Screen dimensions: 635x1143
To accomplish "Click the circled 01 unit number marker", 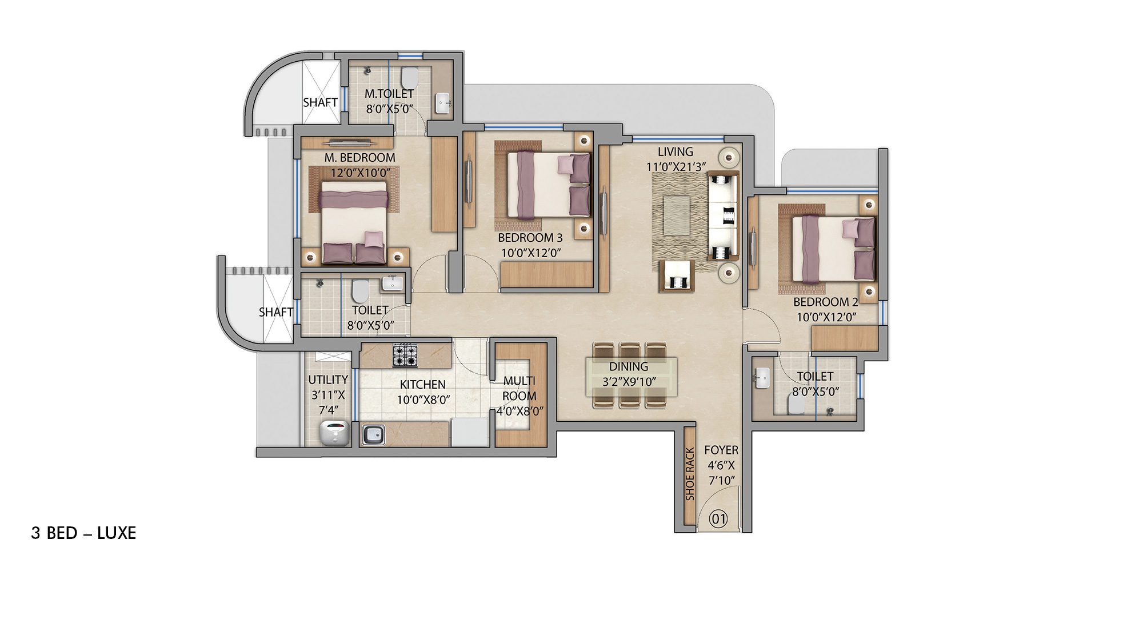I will (x=718, y=519).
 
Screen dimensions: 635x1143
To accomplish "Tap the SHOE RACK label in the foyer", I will (x=690, y=474).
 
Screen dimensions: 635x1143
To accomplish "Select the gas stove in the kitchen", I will (x=405, y=356).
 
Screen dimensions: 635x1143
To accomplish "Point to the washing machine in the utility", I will (x=334, y=433).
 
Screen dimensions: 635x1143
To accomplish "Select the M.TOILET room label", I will (x=389, y=94).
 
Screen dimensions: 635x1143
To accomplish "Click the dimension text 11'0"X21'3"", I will (x=676, y=167).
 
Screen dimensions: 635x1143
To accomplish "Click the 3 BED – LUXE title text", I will (x=83, y=533).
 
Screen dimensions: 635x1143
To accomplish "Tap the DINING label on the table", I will (x=628, y=367).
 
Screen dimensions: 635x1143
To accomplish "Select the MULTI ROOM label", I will (x=519, y=388).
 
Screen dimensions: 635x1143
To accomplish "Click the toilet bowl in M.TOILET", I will (x=409, y=76).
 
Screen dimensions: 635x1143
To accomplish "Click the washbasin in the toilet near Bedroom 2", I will (x=762, y=378).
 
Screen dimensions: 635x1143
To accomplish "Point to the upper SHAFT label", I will (x=320, y=102).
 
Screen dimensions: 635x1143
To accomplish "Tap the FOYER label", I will (x=721, y=450).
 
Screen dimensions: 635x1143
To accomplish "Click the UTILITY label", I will (x=328, y=380).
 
